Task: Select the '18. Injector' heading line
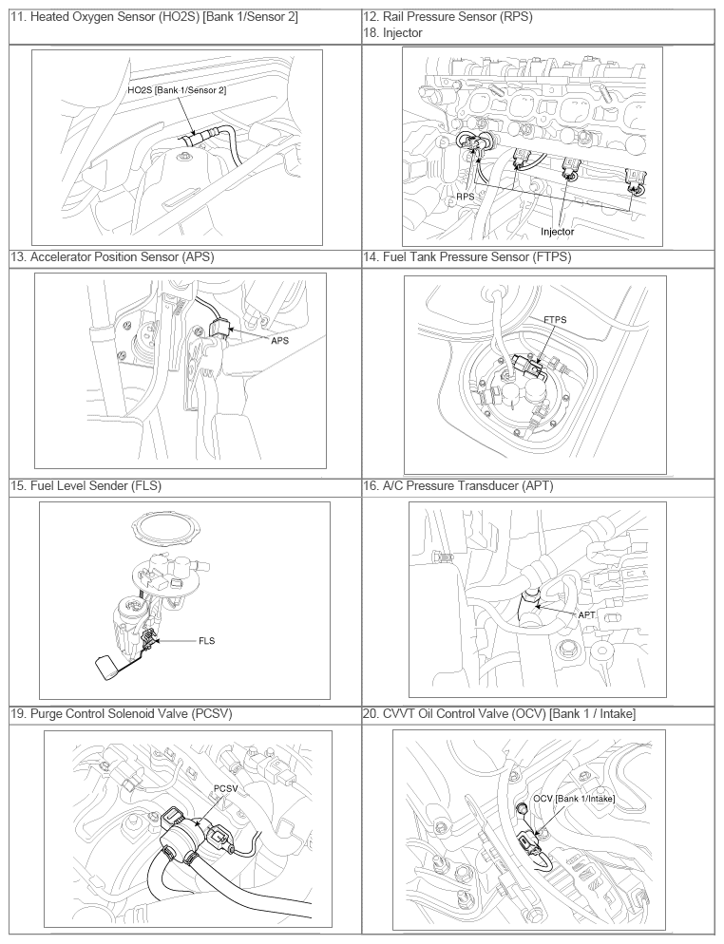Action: (392, 32)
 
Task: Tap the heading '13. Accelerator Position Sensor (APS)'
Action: (113, 257)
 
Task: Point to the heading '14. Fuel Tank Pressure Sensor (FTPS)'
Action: (467, 257)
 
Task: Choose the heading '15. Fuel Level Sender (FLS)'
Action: (86, 485)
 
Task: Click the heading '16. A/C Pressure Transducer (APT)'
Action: (458, 485)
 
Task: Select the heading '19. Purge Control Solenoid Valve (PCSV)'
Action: (122, 713)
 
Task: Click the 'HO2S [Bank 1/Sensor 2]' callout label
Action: (177, 89)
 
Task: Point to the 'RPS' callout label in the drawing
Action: (465, 197)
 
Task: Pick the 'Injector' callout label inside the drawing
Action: (557, 231)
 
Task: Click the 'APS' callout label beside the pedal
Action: (279, 340)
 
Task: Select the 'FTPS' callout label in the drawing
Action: (555, 320)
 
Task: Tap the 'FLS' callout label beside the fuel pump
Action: (206, 640)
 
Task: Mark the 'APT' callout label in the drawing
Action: (586, 614)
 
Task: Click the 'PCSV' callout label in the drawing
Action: (225, 788)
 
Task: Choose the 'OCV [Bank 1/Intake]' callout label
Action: (574, 799)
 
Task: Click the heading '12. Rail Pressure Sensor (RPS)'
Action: (448, 17)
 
